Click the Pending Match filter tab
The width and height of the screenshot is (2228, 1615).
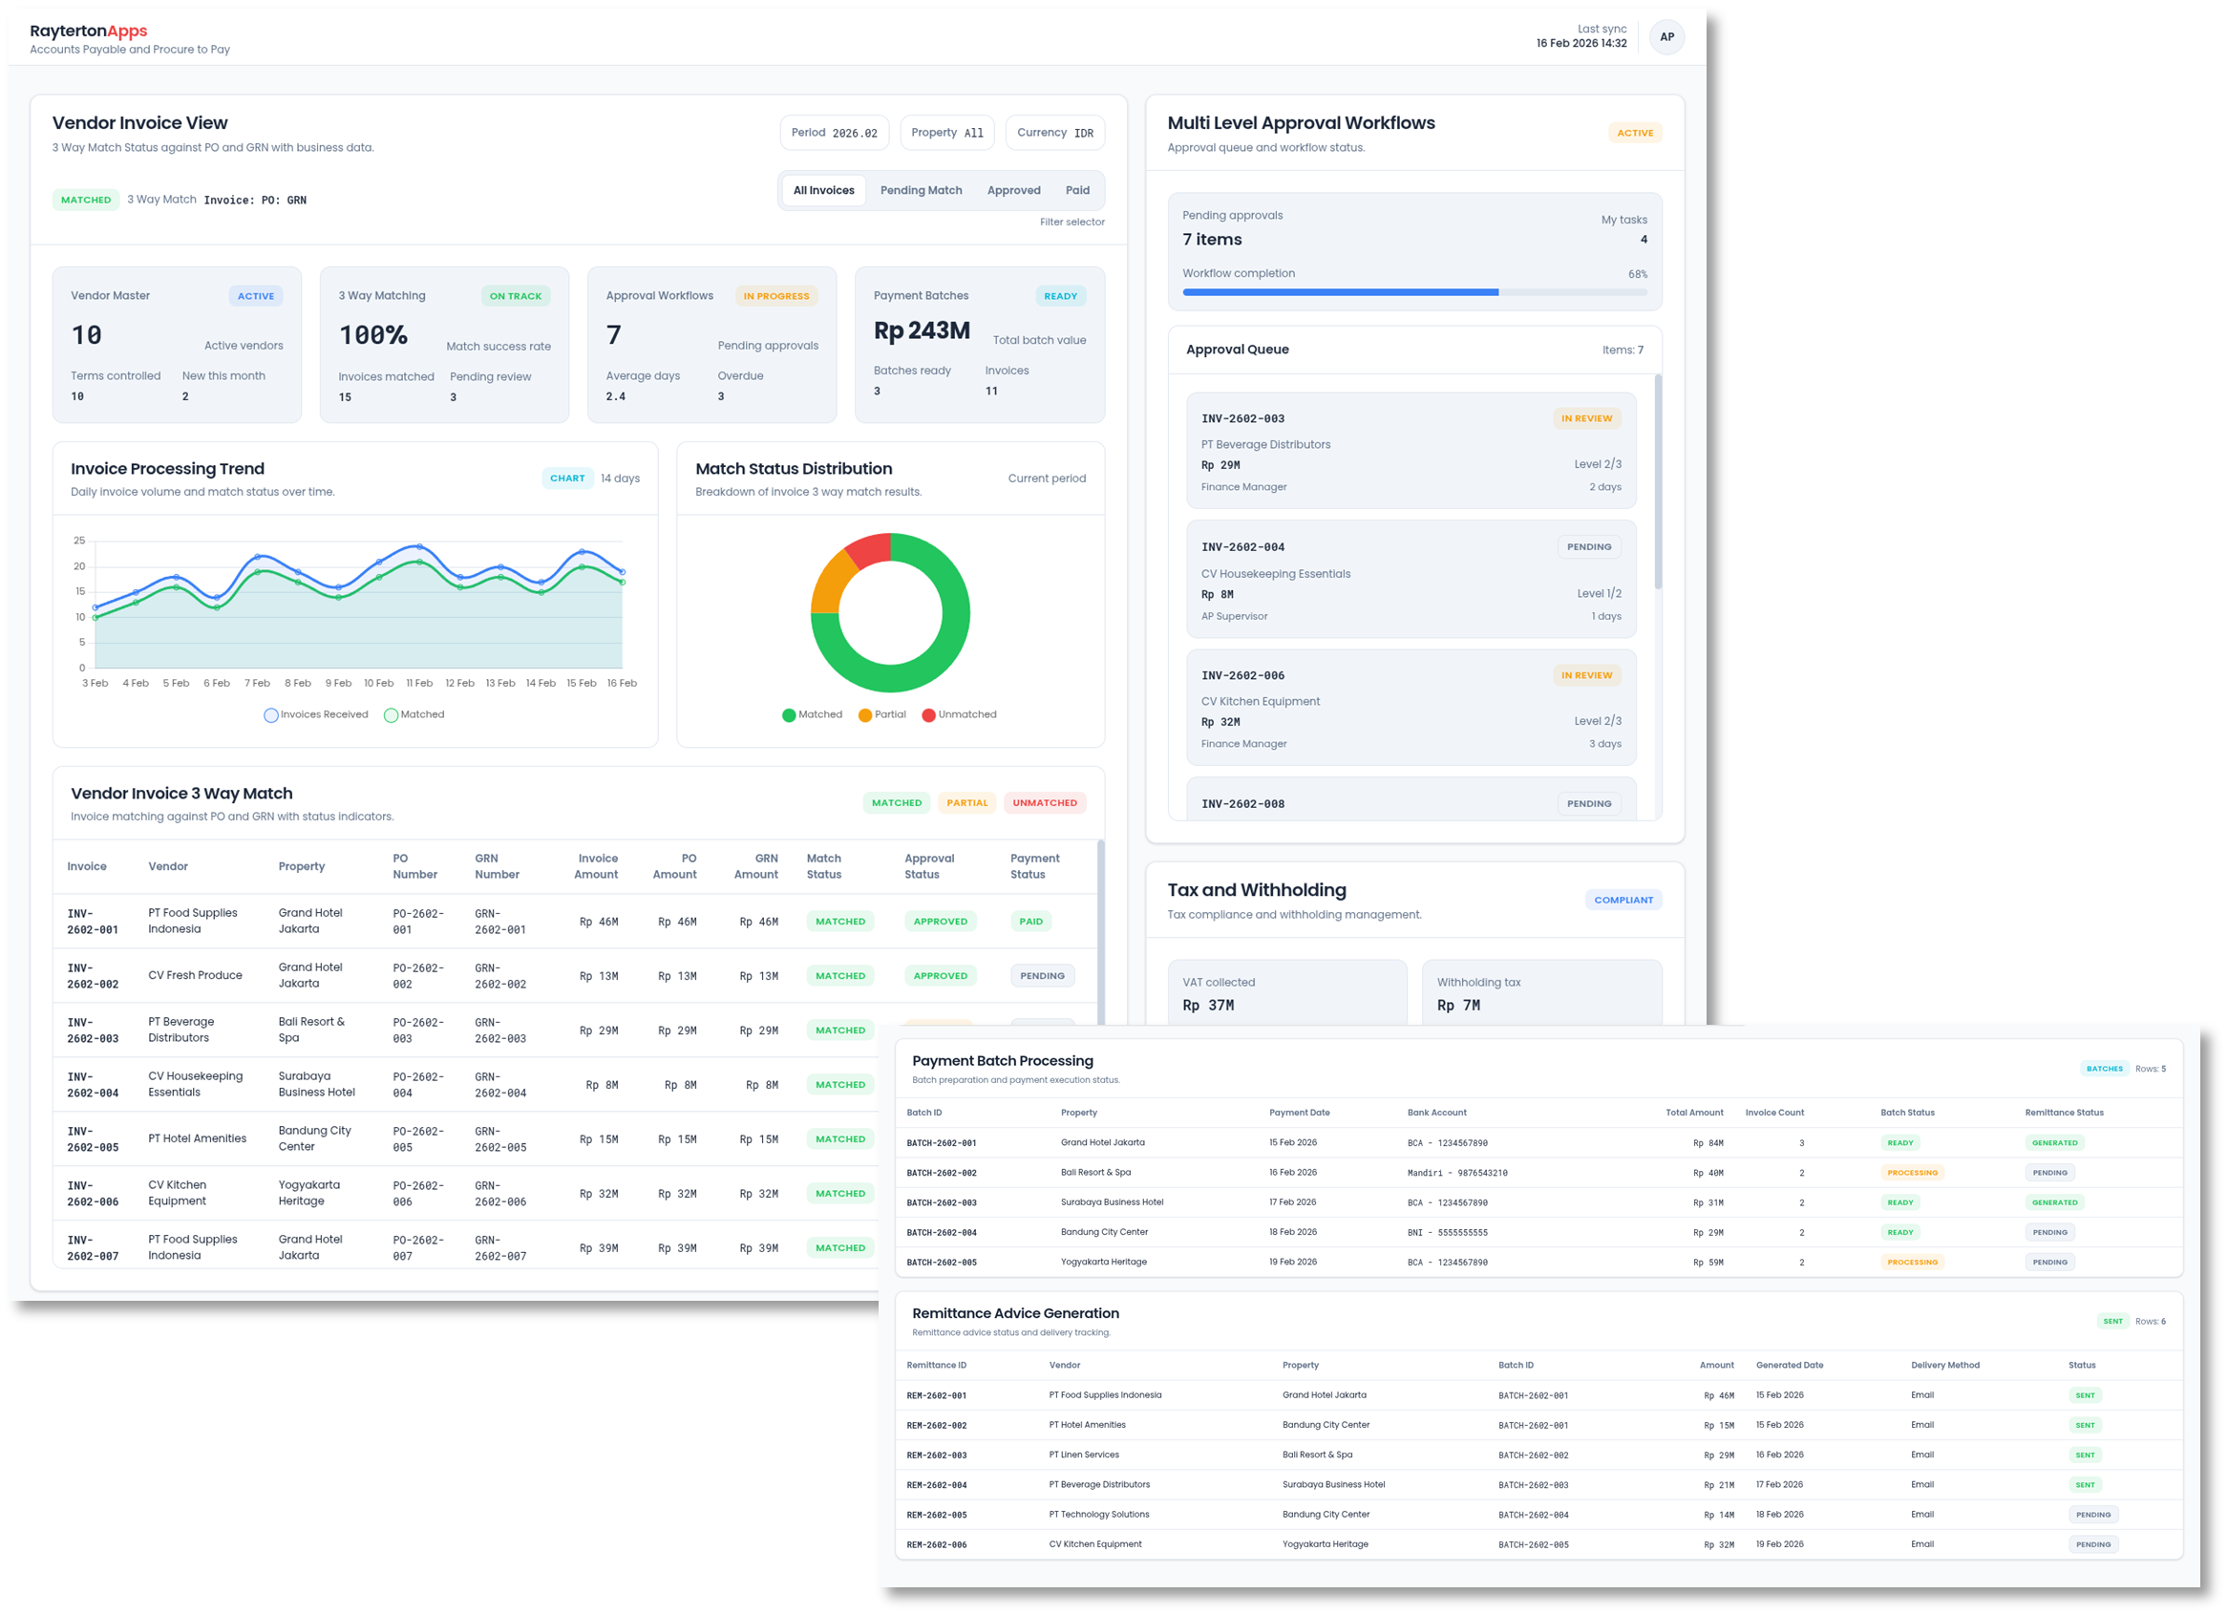tap(921, 191)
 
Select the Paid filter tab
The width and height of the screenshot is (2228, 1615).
tap(1076, 191)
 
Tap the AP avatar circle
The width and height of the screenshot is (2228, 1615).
tap(1666, 37)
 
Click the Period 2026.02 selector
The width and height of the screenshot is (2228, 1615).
tap(834, 133)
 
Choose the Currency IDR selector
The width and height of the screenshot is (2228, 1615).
tap(1054, 133)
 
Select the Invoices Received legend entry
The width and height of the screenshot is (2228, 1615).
tap(315, 715)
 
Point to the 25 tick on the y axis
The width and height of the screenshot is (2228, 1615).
tap(79, 542)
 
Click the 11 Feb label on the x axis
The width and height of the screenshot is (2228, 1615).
tap(419, 684)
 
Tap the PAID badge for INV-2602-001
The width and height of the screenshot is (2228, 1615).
tap(1030, 922)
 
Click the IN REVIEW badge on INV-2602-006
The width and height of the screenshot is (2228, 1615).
tap(1585, 676)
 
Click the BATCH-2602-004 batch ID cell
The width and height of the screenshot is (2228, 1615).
tap(941, 1233)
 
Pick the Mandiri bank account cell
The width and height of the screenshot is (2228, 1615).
tap(1457, 1173)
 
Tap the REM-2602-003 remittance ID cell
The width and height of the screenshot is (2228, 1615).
tap(936, 1456)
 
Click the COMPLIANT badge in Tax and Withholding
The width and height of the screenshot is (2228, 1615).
tap(1623, 900)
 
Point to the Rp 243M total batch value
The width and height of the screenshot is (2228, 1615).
tap(922, 331)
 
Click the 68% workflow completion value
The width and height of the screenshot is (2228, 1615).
tap(1637, 274)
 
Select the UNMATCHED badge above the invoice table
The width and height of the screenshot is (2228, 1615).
tap(1044, 803)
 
